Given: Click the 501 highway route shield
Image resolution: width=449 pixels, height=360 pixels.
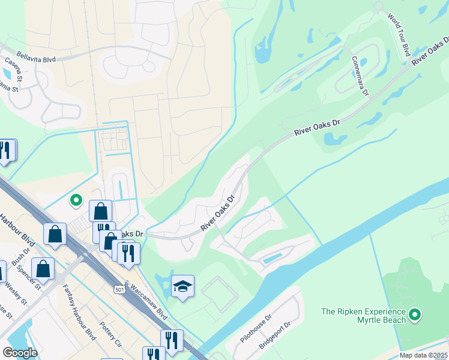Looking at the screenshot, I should pos(119,289).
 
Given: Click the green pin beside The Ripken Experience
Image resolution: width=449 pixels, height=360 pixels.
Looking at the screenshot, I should pos(414,314).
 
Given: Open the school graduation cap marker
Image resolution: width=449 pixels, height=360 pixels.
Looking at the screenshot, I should pos(182,287).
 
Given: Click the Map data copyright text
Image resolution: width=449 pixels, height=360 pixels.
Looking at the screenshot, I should pos(423,355).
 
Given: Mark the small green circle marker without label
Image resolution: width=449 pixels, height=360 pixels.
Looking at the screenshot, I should pos(76,200).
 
